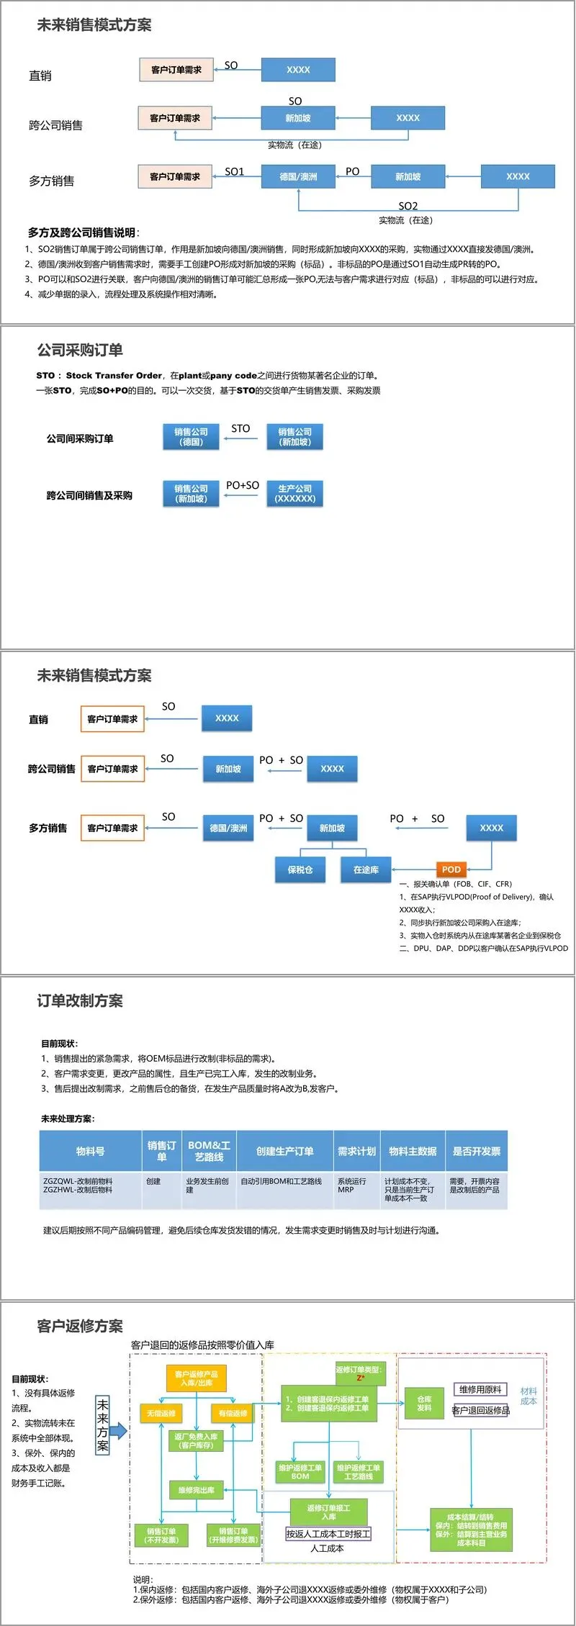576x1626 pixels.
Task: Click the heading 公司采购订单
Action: [80, 350]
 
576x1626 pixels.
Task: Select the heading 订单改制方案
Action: [80, 1001]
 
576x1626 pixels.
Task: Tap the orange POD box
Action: [451, 870]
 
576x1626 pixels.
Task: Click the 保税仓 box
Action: [300, 870]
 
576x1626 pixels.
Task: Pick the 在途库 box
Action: [366, 870]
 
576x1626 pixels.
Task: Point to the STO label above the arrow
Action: [240, 428]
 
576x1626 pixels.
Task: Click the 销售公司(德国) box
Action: [191, 437]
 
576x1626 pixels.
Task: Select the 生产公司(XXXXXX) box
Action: [295, 494]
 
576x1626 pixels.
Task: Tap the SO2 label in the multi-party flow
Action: [408, 206]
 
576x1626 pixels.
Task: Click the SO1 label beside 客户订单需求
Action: [235, 171]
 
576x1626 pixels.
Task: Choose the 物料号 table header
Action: [90, 1151]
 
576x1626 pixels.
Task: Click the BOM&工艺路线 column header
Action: [209, 1151]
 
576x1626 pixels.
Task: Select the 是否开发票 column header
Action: [476, 1151]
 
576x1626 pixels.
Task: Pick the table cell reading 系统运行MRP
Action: [353, 1185]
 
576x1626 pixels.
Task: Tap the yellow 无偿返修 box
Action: [161, 1413]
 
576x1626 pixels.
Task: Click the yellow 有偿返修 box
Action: [233, 1413]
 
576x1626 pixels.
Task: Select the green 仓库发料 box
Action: [425, 1403]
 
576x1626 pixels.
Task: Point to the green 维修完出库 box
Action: [197, 1489]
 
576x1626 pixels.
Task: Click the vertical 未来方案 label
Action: [103, 1424]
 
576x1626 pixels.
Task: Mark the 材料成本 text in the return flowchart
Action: [528, 1396]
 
